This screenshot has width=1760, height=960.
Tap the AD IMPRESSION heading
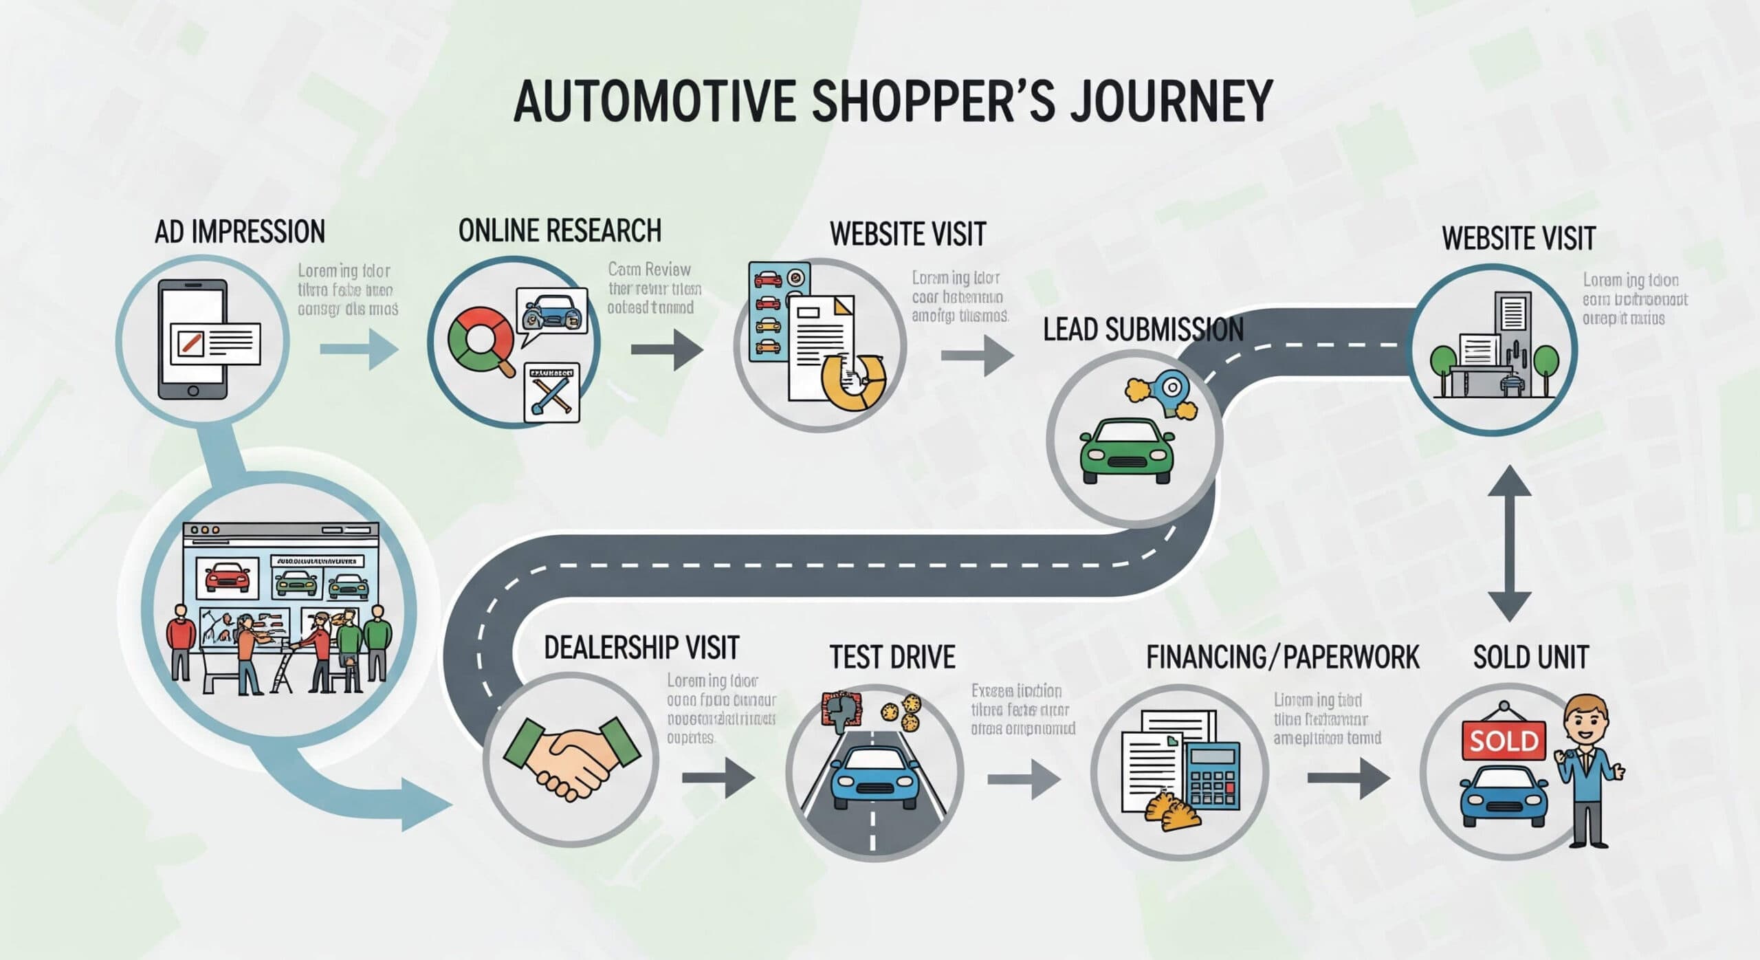(x=239, y=232)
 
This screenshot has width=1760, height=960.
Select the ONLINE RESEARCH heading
(x=560, y=230)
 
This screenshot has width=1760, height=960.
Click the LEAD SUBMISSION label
(x=1143, y=330)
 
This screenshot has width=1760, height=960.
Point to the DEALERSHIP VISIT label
(x=641, y=648)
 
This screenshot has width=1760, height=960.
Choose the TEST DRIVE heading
(x=892, y=657)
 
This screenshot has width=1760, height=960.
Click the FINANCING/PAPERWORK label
(x=1282, y=657)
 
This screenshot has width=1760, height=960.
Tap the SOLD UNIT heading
(x=1530, y=657)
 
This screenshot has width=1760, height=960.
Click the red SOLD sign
(x=1504, y=741)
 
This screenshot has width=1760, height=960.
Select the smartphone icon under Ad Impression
(x=193, y=339)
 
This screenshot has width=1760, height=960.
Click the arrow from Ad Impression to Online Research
(x=360, y=349)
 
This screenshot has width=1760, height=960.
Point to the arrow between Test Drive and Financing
(x=1024, y=779)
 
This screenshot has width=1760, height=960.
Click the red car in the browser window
(x=228, y=578)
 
